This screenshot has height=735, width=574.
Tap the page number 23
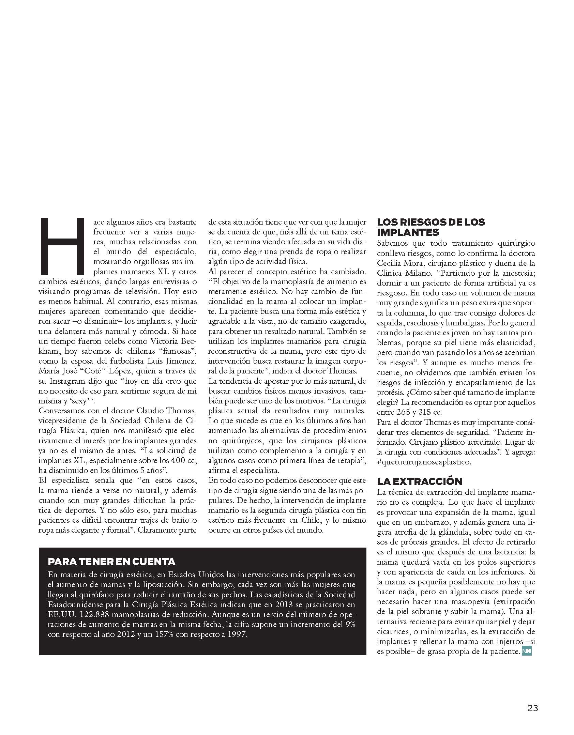coord(532,708)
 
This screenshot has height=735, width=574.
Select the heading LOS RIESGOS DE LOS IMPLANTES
coord(431,227)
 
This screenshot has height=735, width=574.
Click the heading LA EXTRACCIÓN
coord(419,481)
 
